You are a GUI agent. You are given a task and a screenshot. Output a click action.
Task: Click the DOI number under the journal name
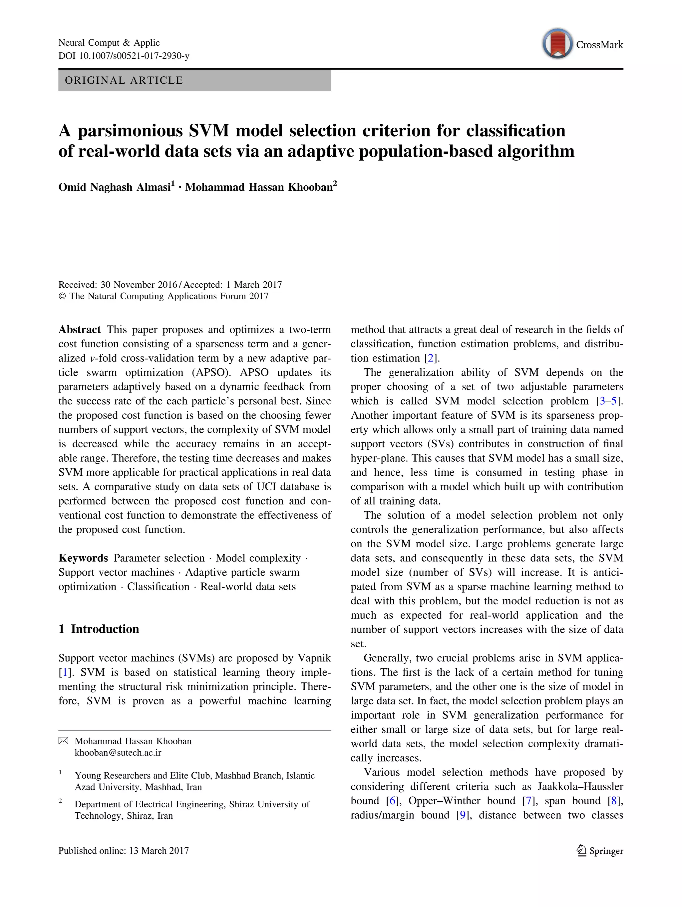(x=134, y=56)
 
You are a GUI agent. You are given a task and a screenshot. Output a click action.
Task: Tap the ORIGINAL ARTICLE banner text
(x=124, y=80)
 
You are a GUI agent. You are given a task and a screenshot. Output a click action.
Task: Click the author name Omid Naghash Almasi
(x=114, y=187)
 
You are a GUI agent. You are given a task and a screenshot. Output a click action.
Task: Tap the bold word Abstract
(x=80, y=330)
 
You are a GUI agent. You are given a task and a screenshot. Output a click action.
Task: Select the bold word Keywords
(x=83, y=558)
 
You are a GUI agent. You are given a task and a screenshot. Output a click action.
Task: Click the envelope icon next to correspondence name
(x=64, y=741)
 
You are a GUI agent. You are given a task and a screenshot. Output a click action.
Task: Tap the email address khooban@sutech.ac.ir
(x=118, y=752)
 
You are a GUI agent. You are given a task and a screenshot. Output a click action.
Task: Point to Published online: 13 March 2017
(x=123, y=851)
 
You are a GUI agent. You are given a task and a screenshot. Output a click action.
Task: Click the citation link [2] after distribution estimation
(x=431, y=358)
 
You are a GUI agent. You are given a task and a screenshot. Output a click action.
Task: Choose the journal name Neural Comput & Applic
(x=109, y=43)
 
